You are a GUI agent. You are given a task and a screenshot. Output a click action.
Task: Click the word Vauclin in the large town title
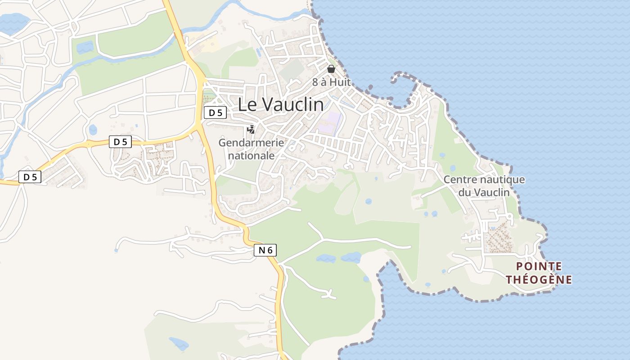pos(292,105)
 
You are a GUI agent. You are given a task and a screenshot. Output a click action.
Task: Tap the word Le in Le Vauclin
pos(247,105)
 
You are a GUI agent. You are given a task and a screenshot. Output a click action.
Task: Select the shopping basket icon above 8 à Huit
pos(331,69)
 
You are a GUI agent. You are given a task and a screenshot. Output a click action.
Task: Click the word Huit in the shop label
pos(341,82)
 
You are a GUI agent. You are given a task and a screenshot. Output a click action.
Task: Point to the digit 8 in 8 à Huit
pos(315,82)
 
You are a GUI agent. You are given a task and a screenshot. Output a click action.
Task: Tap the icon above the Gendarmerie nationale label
pos(251,130)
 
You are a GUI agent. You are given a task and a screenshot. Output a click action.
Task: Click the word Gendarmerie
pos(251,143)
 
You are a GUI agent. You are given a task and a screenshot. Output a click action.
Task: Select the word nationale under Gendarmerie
pos(252,156)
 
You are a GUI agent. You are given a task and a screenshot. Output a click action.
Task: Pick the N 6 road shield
pos(265,250)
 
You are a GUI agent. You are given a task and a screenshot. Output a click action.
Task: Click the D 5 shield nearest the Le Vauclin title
pos(215,112)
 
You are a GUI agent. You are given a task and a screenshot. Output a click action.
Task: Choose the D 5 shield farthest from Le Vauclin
pos(30,177)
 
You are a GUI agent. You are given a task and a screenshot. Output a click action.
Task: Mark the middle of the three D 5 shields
pos(120,142)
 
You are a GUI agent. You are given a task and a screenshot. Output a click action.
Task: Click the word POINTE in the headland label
pos(539,266)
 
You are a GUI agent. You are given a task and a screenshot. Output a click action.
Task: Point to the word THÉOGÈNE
pos(539,279)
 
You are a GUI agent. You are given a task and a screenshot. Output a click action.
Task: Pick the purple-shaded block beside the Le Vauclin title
pos(332,123)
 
